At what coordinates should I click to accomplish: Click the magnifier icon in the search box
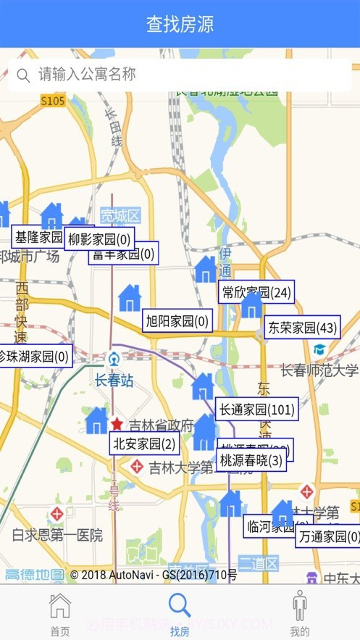(x=23, y=75)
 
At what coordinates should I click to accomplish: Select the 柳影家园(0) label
(x=100, y=238)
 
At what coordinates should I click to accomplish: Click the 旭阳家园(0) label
(x=177, y=320)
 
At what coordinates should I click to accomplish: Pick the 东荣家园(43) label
(x=302, y=328)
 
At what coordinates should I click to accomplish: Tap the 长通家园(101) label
(x=256, y=410)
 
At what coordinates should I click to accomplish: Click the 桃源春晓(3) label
(x=251, y=460)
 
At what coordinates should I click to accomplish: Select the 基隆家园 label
(x=38, y=236)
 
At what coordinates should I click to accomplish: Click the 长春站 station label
(x=114, y=380)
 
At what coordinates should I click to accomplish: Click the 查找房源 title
(x=180, y=24)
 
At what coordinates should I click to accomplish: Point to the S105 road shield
(x=53, y=101)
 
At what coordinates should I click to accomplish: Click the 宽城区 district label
(x=120, y=215)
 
